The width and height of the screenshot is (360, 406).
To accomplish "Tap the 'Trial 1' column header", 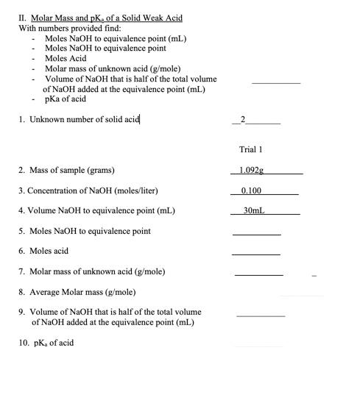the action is [251, 149].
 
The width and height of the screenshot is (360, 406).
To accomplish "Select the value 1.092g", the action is [252, 170].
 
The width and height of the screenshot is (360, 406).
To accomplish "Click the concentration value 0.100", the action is [251, 190].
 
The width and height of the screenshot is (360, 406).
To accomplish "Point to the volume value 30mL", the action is [253, 210].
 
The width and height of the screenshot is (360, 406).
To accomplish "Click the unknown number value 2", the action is [244, 120].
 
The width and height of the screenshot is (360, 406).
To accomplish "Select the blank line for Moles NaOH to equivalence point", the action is [256, 233].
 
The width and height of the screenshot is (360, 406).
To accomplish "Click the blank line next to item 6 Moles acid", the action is [256, 254].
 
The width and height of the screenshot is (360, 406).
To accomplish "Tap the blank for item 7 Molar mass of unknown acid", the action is [258, 274].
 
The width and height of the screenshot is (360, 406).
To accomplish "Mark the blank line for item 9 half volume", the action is [261, 315].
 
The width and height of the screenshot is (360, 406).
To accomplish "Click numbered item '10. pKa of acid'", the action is [46, 343].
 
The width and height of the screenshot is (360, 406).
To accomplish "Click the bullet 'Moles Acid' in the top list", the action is [66, 58].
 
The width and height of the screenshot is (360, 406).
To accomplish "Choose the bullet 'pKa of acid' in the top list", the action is [66, 99].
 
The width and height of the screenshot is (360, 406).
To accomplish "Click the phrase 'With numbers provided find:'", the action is [65, 28].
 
